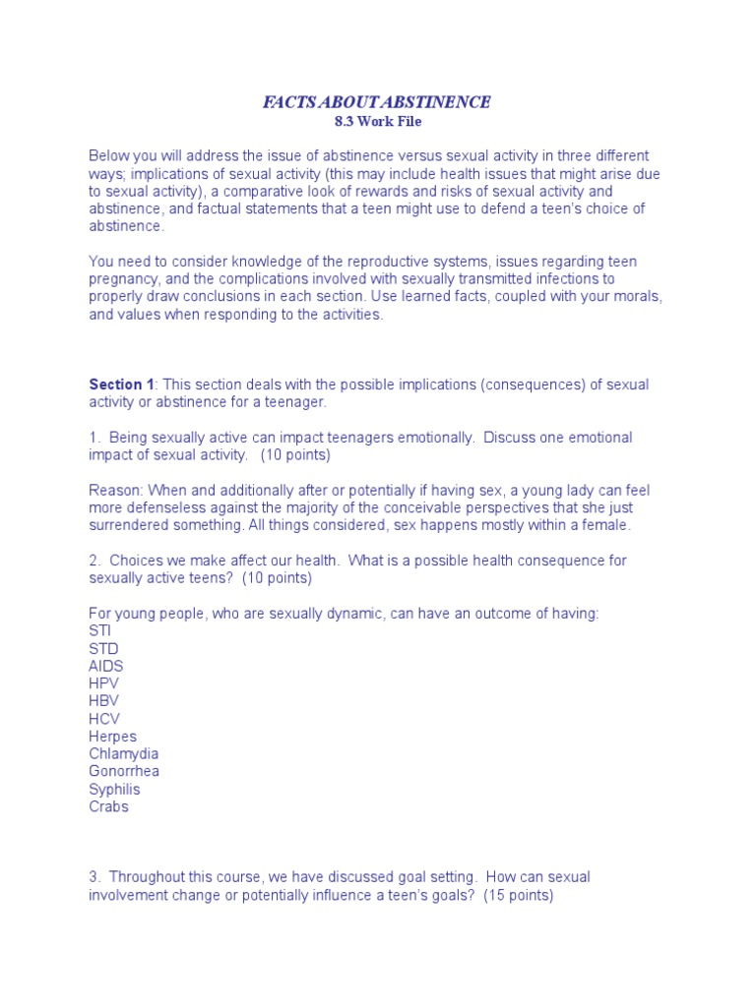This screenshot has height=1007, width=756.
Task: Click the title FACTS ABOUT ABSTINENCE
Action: [x=376, y=102]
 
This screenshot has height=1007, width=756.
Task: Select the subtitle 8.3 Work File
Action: [x=377, y=122]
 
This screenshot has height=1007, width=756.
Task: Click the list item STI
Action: [x=100, y=630]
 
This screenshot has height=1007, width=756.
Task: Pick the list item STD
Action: [x=103, y=648]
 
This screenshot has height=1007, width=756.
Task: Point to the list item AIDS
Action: [x=106, y=666]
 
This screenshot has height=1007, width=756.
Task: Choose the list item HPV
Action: [x=104, y=683]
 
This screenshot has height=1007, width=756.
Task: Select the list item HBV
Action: [x=104, y=701]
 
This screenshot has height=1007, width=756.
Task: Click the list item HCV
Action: [x=104, y=719]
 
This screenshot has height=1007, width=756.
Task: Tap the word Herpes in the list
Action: [x=112, y=737]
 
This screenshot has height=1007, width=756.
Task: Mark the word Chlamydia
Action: [x=123, y=754]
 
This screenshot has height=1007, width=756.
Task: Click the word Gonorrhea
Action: [x=124, y=772]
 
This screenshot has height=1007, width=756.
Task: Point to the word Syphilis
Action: [x=114, y=790]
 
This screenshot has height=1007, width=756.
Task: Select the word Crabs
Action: [x=108, y=807]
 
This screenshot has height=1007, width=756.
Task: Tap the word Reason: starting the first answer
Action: [x=115, y=491]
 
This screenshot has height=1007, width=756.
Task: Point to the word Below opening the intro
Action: [x=108, y=156]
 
